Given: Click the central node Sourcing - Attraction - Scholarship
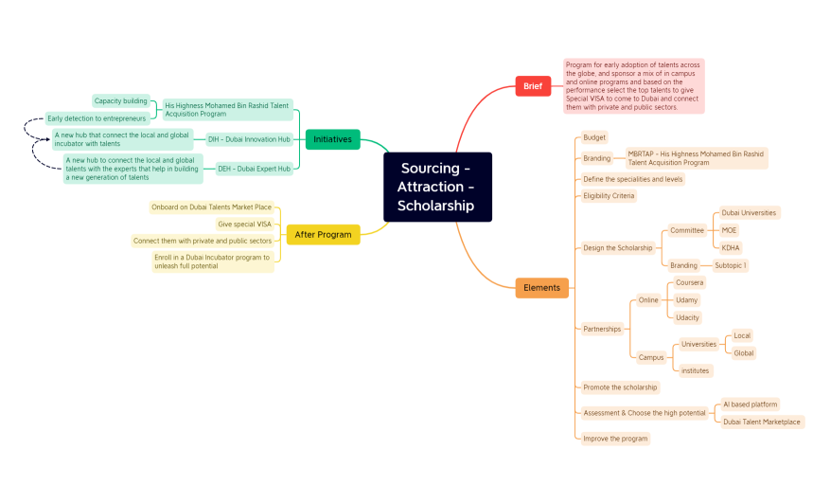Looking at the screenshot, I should tap(437, 187).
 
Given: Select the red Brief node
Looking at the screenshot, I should tap(532, 86).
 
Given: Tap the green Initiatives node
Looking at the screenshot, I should tap(332, 139).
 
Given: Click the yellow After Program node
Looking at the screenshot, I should tap(323, 234).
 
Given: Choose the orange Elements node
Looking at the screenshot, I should tap(541, 287).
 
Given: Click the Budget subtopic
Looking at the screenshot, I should tap(594, 137).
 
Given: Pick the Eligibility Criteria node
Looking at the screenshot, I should tap(609, 196).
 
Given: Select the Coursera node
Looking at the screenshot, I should tap(689, 282).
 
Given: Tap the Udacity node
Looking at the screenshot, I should tap(687, 317).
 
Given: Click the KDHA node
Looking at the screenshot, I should tap(731, 247).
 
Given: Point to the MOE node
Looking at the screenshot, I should tap(729, 230).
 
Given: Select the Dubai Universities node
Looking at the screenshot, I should tap(749, 213).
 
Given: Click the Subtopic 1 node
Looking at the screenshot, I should tap(730, 265).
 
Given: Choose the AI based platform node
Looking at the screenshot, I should tap(750, 405).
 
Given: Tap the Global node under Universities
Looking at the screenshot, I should tap(744, 353).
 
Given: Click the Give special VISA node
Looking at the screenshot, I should tap(244, 225).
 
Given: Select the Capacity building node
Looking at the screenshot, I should tap(120, 100).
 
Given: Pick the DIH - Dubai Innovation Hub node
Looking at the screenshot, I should tap(249, 139).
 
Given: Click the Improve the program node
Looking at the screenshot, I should tap(615, 439).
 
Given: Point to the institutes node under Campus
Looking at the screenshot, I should tap(695, 370).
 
